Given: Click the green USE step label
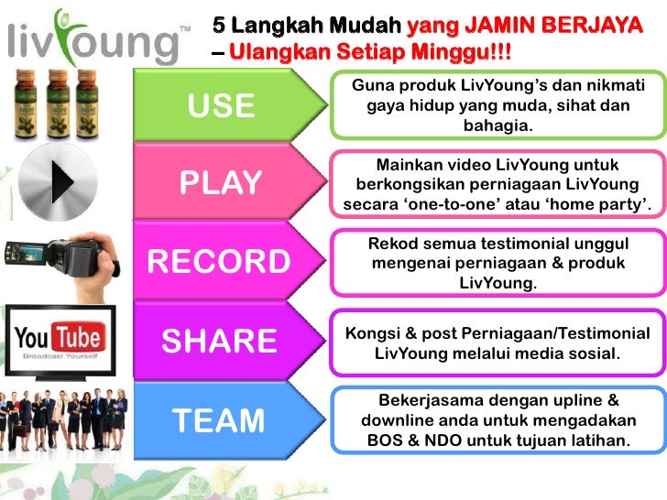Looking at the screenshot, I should pos(221,107).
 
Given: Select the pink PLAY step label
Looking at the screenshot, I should pos(221,183).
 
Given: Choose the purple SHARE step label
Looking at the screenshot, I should pos(219,341).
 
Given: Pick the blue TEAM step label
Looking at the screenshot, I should pos(218,420).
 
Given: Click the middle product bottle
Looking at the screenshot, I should pos(61,102).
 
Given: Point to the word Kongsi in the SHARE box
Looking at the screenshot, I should pos(373,332).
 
